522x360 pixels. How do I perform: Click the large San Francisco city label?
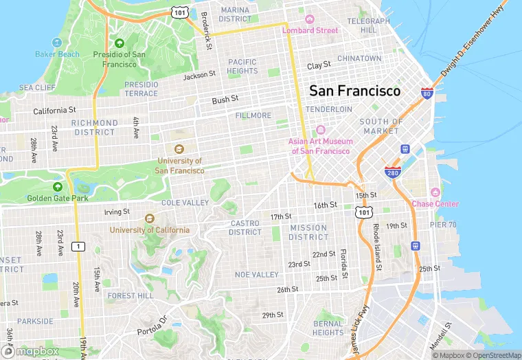354,91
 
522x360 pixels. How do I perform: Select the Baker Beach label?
57,54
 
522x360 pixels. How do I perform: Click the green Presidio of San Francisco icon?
120,43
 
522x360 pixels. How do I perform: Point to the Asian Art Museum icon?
321,131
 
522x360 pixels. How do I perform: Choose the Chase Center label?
435,203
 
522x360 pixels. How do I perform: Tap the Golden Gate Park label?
58,199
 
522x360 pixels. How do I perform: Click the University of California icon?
149,218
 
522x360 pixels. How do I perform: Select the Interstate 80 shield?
427,93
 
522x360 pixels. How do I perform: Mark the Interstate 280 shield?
392,171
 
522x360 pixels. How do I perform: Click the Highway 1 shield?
79,246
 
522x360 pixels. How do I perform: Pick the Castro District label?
245,227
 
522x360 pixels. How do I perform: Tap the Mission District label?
308,232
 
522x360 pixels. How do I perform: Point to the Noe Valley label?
256,274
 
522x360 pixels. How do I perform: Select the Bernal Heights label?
328,328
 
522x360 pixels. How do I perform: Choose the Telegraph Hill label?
369,26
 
